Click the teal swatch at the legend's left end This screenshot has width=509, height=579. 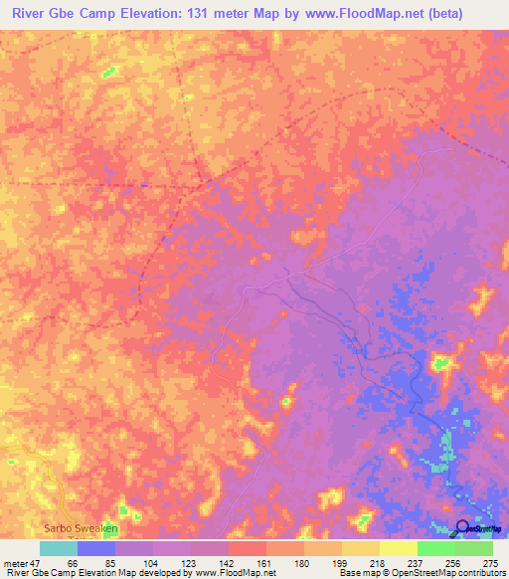[x=58, y=548]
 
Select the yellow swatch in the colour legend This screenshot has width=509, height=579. [x=361, y=548]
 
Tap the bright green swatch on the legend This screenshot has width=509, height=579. [x=436, y=548]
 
